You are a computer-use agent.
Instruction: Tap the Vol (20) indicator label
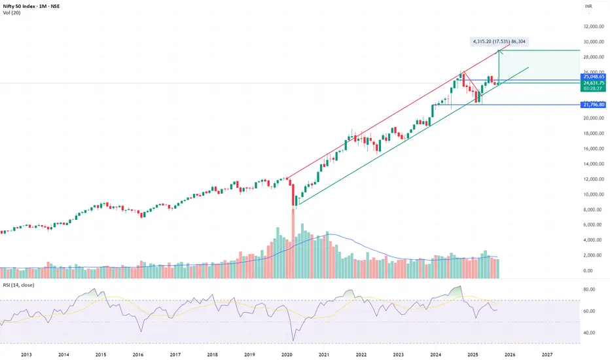click(12, 15)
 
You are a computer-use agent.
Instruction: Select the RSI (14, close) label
click(18, 285)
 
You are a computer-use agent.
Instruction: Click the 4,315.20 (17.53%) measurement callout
click(499, 41)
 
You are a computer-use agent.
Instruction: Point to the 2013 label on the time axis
click(26, 354)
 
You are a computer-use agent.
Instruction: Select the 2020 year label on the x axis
click(287, 354)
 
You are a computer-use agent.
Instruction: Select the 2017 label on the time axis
click(175, 354)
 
